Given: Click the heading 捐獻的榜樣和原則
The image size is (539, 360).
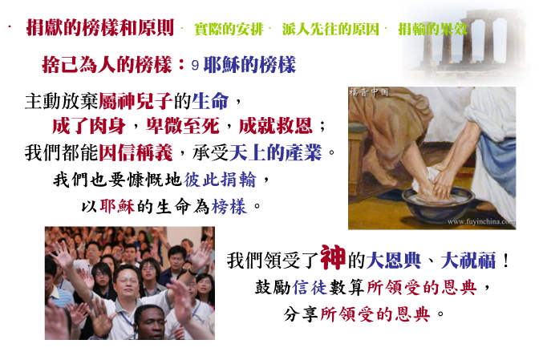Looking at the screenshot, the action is (x=100, y=27).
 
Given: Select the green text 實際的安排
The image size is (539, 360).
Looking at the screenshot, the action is (x=229, y=29).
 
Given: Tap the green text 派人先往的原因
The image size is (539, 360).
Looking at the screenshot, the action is (x=330, y=29).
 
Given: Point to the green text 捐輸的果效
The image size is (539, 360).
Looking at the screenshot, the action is (x=433, y=29).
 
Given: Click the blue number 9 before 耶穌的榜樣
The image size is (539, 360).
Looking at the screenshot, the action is (x=195, y=65).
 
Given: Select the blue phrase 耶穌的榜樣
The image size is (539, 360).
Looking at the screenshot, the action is (x=249, y=65).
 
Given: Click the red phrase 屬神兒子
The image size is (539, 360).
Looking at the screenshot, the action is (x=136, y=101).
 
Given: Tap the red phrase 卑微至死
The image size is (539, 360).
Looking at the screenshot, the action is (x=183, y=126).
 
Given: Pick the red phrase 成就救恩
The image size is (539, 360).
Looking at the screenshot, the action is (x=276, y=126).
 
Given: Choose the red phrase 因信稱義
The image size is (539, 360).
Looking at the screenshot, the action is (x=136, y=152).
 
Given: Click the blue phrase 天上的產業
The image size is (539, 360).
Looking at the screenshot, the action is (x=275, y=152).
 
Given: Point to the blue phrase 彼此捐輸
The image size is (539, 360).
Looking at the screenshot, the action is (x=220, y=180).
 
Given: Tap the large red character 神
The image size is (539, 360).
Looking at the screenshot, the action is (x=333, y=257).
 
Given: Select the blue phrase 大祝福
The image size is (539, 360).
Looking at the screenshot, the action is (x=468, y=260).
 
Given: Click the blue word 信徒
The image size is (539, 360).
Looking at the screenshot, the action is (x=310, y=287).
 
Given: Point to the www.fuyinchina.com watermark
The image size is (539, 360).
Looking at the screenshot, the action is (x=481, y=221).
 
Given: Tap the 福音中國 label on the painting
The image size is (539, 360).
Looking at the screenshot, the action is (x=369, y=91).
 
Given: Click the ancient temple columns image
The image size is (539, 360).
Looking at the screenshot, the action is (x=468, y=41).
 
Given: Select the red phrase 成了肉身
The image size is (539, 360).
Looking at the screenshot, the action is (x=89, y=126).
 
